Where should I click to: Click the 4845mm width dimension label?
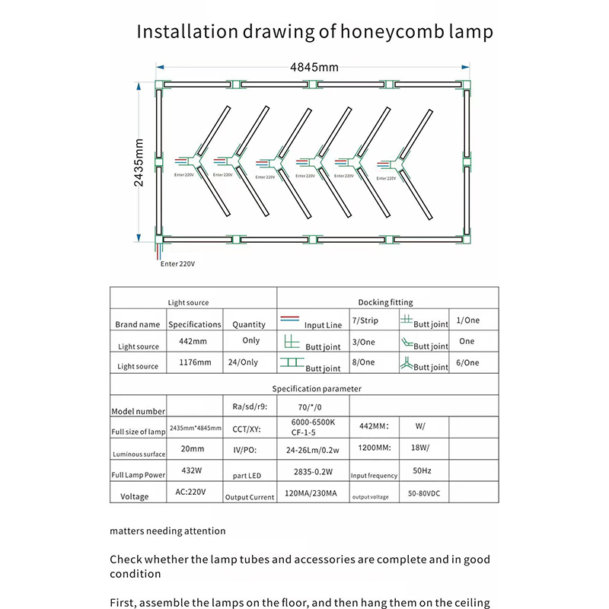coord(314,67)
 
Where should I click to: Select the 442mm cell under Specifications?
coord(193,341)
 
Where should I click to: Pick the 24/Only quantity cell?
coord(249,363)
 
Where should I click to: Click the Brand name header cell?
coord(138,324)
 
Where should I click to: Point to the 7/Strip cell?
coord(364,320)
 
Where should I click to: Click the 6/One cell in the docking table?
coord(467,363)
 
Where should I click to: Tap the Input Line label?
coord(324,325)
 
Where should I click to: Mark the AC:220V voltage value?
coord(193,492)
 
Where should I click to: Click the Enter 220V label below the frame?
coord(177,264)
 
